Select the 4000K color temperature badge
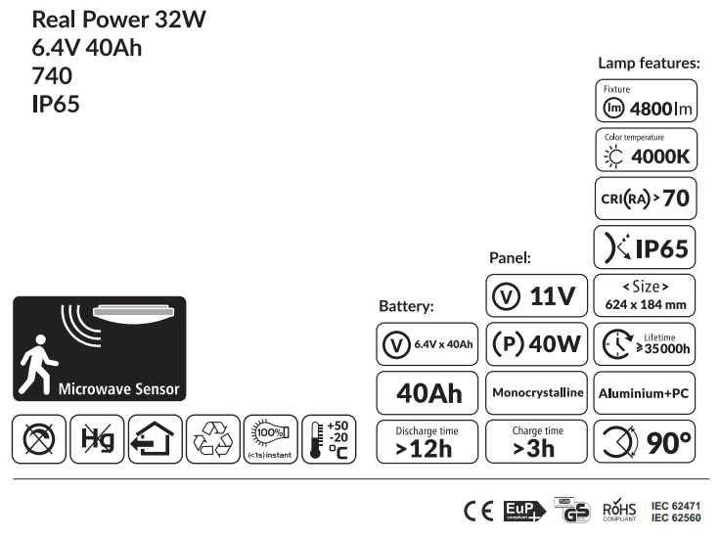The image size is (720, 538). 646,149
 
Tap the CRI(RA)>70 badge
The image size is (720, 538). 646,198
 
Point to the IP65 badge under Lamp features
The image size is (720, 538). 646,247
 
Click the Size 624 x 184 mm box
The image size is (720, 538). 646,294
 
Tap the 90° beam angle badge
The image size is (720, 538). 646,442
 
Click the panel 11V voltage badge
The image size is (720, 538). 536,295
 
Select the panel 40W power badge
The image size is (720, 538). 536,343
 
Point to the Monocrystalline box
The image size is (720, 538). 536,392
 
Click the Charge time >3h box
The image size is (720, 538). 536,442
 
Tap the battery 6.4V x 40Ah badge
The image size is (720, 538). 427,343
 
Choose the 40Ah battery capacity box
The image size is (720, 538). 427,392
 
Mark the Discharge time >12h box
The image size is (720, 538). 427,442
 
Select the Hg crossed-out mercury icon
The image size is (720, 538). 98,440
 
